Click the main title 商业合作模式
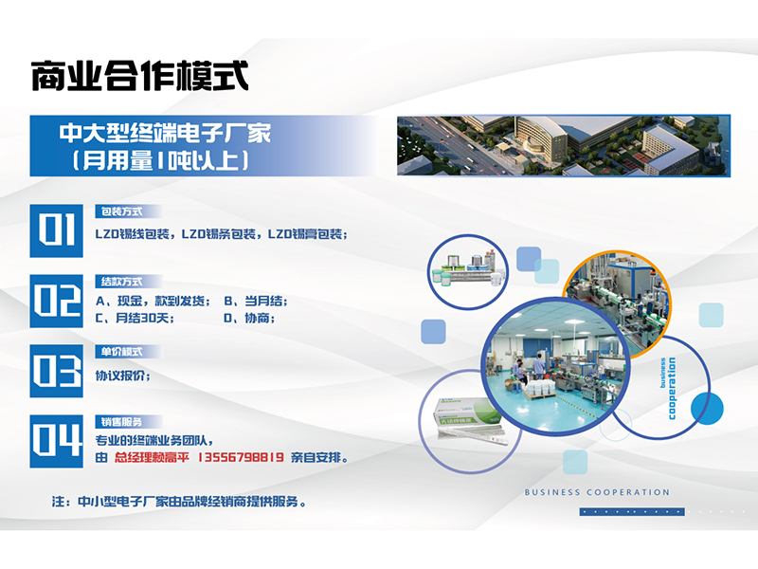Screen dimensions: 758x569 coord(139,76)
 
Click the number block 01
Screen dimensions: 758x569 coord(56,230)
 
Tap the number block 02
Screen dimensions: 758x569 coord(56,301)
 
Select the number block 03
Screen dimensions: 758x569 coord(56,371)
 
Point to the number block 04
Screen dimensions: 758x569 coord(56,441)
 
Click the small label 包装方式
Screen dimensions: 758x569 coord(122,211)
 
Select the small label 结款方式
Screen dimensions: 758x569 coord(122,282)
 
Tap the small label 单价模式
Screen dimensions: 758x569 coord(122,352)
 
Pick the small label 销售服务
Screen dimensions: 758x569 coord(122,422)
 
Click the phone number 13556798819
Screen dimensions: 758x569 coord(241,457)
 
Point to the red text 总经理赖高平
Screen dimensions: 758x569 coord(152,457)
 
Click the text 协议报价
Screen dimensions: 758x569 coord(123,376)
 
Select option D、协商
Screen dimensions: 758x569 coord(249,318)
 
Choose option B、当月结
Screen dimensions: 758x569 coord(256,301)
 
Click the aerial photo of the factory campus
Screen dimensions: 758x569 coord(564,146)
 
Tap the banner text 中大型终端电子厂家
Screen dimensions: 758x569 coord(165,133)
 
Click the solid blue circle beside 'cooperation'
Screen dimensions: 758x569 coord(707,409)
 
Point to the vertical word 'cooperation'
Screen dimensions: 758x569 coord(672,389)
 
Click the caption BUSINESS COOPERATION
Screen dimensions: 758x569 coord(598,492)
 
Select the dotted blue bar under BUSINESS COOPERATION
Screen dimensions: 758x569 coord(632,511)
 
